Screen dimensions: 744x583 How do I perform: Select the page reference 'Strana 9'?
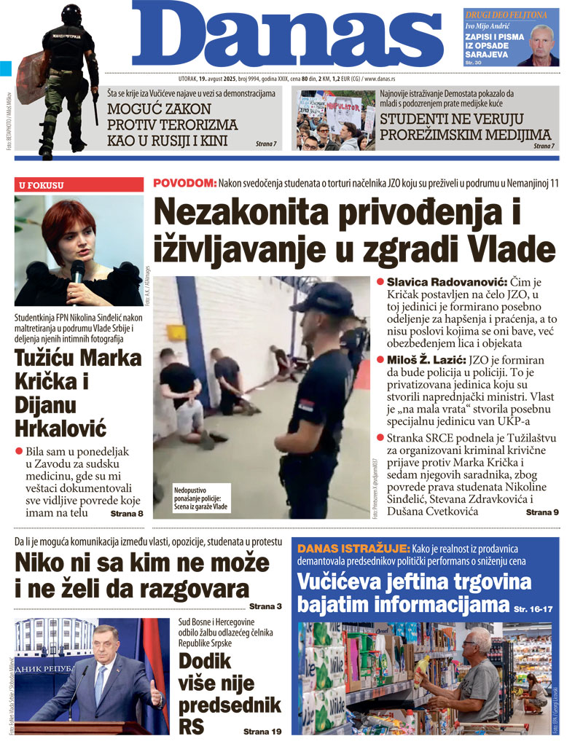(542, 513)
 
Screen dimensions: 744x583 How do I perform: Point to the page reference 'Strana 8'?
(126, 514)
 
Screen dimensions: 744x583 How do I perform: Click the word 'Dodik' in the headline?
(205, 662)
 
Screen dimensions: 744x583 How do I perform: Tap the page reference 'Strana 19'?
(261, 729)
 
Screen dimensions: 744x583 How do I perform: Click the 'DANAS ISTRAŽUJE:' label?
(343, 547)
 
